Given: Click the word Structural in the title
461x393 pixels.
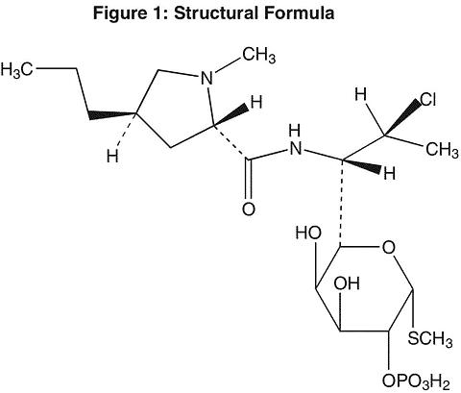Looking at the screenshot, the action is coord(216,13).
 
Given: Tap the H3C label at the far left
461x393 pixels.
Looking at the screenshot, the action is coord(16,69).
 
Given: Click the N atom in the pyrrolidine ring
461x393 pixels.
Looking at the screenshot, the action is coord(206,78).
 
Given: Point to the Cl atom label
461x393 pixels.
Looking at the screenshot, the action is coord(427,100).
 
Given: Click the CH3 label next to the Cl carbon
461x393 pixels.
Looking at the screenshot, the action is coord(442,149).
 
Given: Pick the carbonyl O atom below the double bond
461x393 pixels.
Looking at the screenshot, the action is coord(249,209).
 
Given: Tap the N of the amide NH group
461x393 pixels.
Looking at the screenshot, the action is coord(295,148).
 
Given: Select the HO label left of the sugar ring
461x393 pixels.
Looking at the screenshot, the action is coord(308,233).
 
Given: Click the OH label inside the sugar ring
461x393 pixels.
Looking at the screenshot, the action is coord(347,283).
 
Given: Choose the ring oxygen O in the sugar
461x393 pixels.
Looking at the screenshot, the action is coord(388,248).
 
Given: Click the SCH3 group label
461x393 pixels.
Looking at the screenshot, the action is coord(430,338).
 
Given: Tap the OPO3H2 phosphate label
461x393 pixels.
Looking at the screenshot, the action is coord(416,381).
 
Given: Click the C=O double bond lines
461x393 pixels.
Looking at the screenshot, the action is coord(248,179).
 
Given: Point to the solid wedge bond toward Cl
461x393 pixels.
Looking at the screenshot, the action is coord(402,117).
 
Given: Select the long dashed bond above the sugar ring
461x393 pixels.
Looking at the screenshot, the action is coord(341,203).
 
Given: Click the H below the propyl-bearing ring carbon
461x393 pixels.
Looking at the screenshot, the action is coord(112,156).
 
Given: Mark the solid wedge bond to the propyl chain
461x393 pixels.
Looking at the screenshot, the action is coord(112,114).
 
